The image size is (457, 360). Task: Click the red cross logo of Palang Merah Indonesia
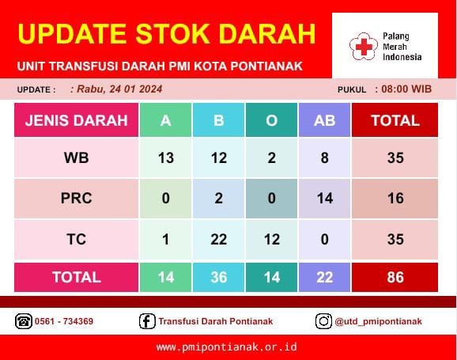tap(364, 46)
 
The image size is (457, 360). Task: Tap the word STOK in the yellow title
tap(172, 33)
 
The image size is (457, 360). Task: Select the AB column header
tap(324, 120)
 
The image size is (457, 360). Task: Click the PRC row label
tap(77, 199)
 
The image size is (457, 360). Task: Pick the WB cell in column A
tap(165, 157)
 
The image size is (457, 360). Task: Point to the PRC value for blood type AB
tap(324, 199)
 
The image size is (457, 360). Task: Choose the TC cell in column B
tap(218, 240)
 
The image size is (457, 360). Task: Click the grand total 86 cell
tap(395, 277)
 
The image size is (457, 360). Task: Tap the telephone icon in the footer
tap(23, 321)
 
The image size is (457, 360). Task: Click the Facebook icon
tap(147, 321)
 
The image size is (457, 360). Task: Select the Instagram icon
tap(323, 321)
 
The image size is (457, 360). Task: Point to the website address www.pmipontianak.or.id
tap(226, 347)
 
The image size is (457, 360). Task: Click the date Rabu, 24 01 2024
tap(119, 89)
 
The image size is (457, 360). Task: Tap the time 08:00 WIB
tap(406, 89)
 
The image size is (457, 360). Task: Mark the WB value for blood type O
tap(271, 157)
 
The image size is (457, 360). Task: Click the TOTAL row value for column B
tap(218, 277)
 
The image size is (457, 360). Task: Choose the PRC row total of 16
tap(395, 199)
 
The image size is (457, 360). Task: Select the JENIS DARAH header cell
tap(77, 120)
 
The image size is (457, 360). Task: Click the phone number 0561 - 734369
tap(64, 321)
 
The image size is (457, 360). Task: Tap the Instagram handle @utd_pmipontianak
tap(378, 321)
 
